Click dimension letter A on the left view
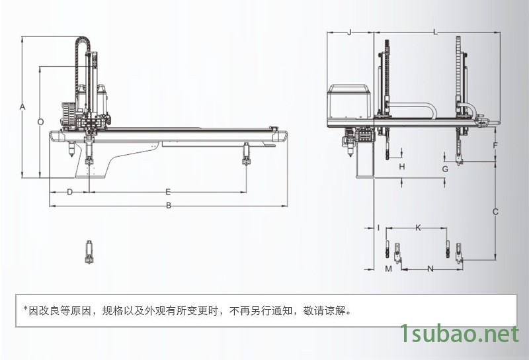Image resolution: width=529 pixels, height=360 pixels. (22, 107)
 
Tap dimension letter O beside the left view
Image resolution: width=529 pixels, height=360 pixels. (40, 122)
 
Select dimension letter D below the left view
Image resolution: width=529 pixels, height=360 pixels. (69, 191)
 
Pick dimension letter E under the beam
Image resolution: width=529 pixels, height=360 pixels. (168, 191)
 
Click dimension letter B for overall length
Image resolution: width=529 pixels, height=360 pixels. (169, 206)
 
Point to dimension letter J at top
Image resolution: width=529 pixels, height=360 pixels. (349, 32)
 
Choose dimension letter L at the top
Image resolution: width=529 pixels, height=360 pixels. (434, 32)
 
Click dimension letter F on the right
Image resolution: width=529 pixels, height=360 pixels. (495, 144)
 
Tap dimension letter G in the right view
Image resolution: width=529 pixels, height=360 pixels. (445, 169)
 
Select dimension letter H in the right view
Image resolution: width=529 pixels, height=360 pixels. (401, 167)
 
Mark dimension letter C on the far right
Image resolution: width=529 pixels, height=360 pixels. (495, 212)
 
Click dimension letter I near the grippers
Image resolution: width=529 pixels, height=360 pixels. (378, 228)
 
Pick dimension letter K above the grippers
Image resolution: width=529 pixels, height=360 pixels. (417, 228)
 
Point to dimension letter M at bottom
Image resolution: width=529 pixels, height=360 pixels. (389, 269)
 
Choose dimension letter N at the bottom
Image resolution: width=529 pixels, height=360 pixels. (430, 269)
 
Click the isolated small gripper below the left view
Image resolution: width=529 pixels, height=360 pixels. (87, 252)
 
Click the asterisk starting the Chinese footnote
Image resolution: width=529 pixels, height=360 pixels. (25, 308)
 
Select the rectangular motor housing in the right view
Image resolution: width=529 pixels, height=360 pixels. (351, 103)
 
